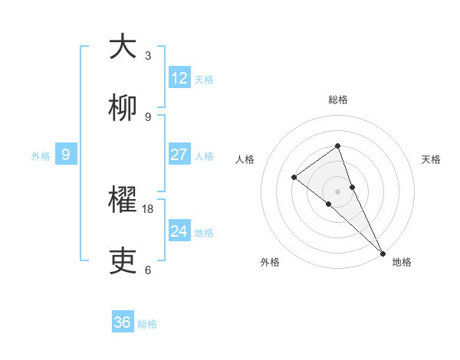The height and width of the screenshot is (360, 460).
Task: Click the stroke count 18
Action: [x=148, y=208]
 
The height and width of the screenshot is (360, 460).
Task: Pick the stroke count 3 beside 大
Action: [x=148, y=55]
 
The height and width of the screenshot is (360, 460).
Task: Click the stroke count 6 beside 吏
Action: [x=148, y=270]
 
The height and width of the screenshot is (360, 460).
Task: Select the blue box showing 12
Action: [x=179, y=78]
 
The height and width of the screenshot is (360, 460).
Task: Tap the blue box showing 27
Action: [x=179, y=155]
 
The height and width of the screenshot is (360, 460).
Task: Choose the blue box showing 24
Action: [x=179, y=231]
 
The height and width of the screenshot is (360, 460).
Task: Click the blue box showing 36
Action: [x=123, y=322]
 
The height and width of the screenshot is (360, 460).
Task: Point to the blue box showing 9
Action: [x=66, y=155]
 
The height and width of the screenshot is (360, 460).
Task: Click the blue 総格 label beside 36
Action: [x=147, y=324]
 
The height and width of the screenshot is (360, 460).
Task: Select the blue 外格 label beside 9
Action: [x=41, y=156]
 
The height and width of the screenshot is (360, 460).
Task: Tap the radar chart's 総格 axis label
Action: [x=337, y=100]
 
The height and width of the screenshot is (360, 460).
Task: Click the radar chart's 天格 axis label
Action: [x=431, y=159]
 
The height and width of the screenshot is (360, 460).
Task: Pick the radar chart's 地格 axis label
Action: [x=402, y=262]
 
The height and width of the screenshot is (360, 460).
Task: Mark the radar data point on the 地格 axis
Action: [x=383, y=253]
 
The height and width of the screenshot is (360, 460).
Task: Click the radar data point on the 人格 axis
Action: [x=294, y=177]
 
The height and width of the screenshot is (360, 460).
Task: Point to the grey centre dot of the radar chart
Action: [x=337, y=191]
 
